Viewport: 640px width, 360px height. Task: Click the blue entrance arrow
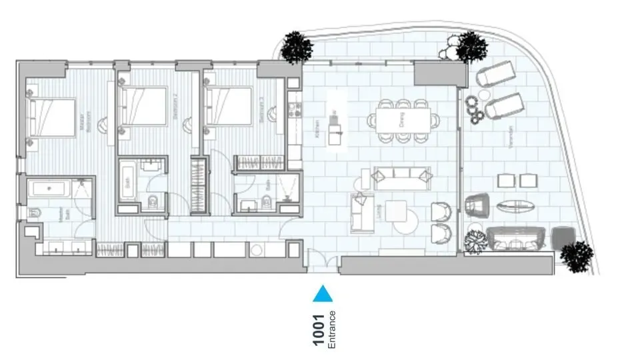[323, 293]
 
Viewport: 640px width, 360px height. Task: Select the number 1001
[319, 330]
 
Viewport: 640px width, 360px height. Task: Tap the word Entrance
[332, 330]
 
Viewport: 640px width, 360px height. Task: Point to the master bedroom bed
[52, 117]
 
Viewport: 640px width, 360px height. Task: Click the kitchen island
[337, 127]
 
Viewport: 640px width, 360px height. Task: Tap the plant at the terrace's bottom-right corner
[576, 257]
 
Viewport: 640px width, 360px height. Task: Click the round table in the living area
[407, 220]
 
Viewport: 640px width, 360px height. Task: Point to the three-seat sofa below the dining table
[401, 177]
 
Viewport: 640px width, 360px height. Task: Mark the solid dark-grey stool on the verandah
[564, 237]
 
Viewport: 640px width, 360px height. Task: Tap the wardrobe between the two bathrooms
[198, 185]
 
